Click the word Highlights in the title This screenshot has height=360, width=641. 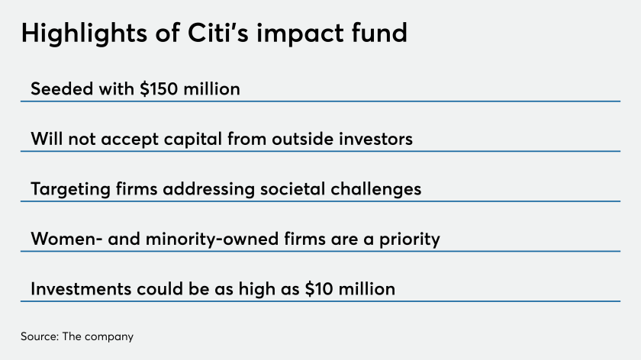[84, 34]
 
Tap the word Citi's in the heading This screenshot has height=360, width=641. [218, 33]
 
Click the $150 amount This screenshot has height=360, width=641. [159, 88]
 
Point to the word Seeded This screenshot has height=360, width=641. [62, 88]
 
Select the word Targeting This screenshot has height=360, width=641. [70, 190]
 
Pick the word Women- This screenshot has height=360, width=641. [66, 239]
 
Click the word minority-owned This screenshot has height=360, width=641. [212, 239]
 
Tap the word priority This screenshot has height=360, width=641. [410, 239]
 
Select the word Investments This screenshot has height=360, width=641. [81, 289]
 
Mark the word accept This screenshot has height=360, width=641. [130, 140]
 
